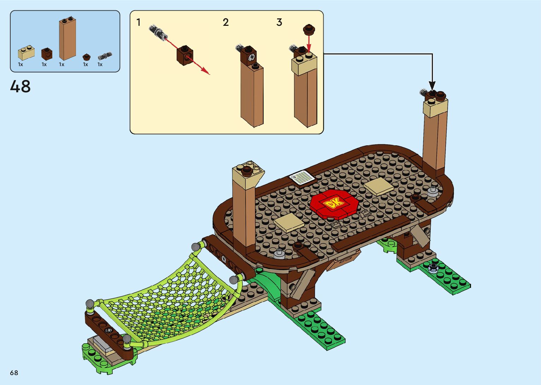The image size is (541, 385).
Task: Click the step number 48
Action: [x=20, y=87]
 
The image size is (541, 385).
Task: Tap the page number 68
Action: [x=14, y=373]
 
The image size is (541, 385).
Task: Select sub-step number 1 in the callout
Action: [x=139, y=22]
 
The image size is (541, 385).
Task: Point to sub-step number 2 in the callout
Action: [x=226, y=22]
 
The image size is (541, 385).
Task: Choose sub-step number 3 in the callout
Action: [x=279, y=22]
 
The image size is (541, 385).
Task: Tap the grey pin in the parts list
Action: [x=105, y=56]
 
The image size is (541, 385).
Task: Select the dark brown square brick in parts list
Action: [x=47, y=54]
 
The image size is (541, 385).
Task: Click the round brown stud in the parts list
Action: [x=86, y=57]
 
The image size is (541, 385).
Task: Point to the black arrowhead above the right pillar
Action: [x=432, y=86]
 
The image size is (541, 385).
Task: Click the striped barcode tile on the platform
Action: [x=301, y=177]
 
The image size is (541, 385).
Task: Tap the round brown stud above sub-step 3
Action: [x=309, y=29]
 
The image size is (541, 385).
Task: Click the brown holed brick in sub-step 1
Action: [x=185, y=55]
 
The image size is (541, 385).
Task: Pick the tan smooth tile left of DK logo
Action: [x=289, y=223]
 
